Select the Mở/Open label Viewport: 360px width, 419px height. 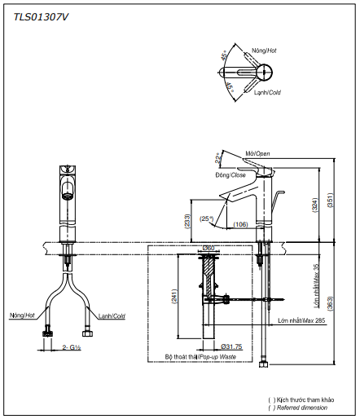pyautogui.click(x=257, y=153)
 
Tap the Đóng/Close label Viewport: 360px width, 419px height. pyautogui.click(x=230, y=174)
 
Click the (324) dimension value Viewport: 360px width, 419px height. pyautogui.click(x=315, y=207)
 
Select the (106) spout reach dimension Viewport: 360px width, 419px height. pyautogui.click(x=240, y=224)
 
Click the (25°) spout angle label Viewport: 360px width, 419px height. pyautogui.click(x=207, y=218)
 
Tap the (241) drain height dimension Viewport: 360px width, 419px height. pyautogui.click(x=173, y=298)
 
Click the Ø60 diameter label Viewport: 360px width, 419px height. pyautogui.click(x=209, y=248)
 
